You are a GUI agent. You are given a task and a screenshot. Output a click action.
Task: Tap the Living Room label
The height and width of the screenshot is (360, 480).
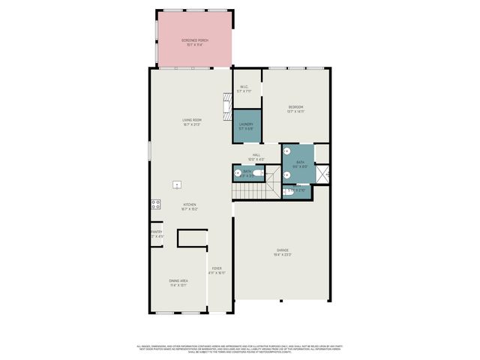[x=192, y=120]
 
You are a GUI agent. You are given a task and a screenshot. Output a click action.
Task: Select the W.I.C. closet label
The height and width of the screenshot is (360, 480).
[x=244, y=87]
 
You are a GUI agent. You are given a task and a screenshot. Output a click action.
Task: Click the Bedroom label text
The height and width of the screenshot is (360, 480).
[x=295, y=107]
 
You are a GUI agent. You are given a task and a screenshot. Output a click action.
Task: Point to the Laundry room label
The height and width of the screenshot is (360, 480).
[x=246, y=124]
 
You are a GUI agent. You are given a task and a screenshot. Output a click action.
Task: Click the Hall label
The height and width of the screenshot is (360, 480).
[x=256, y=154]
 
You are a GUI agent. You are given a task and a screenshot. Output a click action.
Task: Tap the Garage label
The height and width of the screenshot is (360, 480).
[x=283, y=250]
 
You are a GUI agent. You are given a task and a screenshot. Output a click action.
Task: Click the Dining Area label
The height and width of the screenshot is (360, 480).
[x=178, y=281]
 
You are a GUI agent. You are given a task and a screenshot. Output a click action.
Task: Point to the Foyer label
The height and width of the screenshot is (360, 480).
[x=217, y=268]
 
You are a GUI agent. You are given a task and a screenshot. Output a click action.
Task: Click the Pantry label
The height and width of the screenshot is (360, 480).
[x=156, y=232]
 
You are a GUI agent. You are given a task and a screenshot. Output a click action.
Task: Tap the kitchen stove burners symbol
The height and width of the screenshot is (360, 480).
[x=156, y=203]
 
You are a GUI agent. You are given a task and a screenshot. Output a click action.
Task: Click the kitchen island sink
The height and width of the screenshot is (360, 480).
[x=178, y=184]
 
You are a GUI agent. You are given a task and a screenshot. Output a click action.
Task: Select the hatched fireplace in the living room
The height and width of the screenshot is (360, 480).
[x=226, y=106]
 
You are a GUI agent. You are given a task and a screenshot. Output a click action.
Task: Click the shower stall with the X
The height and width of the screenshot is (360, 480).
[x=322, y=174]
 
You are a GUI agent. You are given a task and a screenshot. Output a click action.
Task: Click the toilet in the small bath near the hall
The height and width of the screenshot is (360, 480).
[x=259, y=173]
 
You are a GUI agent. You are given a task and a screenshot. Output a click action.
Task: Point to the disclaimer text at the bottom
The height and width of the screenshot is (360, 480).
[x=240, y=348]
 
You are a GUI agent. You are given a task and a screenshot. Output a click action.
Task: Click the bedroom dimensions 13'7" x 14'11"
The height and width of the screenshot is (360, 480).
[x=295, y=112]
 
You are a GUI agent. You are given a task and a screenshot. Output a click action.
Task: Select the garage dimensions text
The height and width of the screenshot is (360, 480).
[x=283, y=254]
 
